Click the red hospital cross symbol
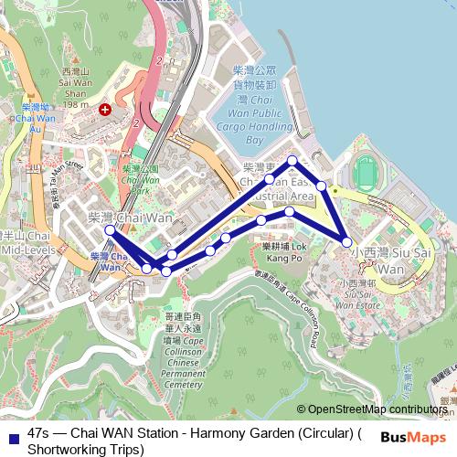(x=106, y=109)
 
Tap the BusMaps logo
(x=413, y=436)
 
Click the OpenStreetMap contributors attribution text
(x=377, y=410)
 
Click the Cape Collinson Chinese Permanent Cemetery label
(x=181, y=356)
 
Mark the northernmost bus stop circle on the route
(x=292, y=161)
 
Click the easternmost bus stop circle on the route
(x=346, y=241)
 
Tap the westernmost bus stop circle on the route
(x=111, y=230)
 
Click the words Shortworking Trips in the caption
(x=86, y=449)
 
